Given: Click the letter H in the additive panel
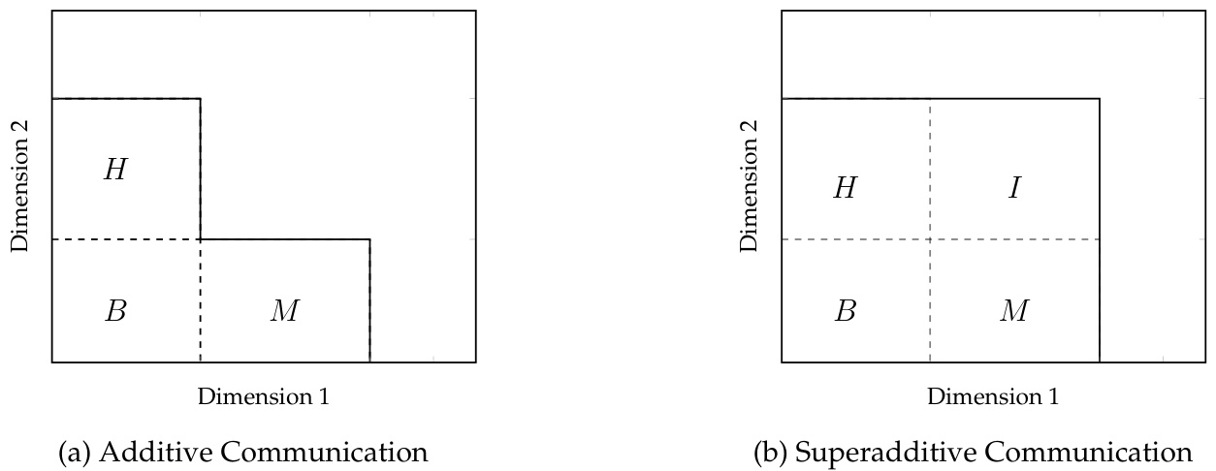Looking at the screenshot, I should (115, 171).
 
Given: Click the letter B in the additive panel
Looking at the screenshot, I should (115, 312).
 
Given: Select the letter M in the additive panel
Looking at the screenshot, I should (285, 312).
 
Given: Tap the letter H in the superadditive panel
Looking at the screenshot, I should (845, 188).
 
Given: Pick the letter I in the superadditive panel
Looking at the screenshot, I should (1013, 188).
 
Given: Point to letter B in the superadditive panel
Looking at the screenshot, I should (845, 312).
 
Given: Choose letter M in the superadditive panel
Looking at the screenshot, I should (1014, 312).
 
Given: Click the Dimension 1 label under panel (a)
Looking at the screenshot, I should (263, 396).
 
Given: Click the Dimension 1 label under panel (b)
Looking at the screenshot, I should (992, 396).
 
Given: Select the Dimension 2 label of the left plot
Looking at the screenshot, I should (21, 187).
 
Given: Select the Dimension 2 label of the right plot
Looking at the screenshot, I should (751, 187).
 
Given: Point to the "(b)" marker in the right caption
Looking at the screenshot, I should (772, 453).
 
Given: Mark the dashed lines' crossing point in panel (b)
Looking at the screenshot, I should (930, 239).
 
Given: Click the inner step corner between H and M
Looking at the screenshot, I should (201, 239).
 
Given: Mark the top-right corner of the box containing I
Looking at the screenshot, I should (1100, 99).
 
